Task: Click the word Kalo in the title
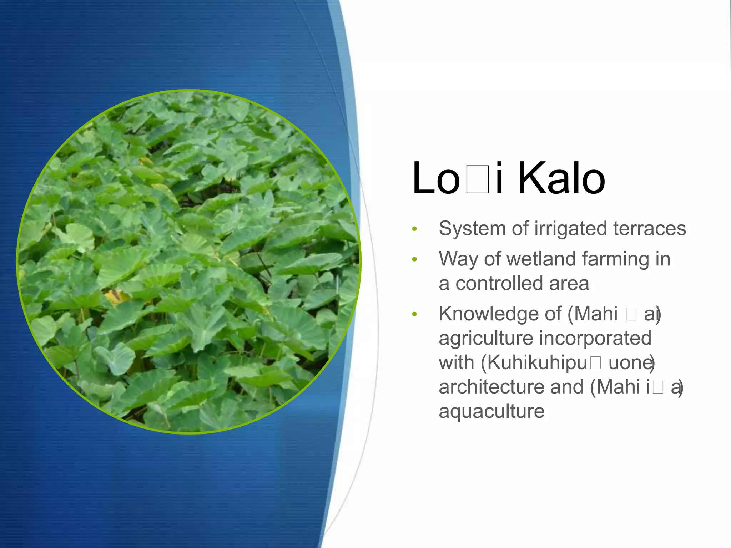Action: [561, 178]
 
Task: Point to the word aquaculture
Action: [491, 411]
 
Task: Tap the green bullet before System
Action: [414, 229]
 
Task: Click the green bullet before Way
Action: [414, 259]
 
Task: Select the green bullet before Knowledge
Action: [414, 314]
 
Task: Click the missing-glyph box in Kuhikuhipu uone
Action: [595, 363]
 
